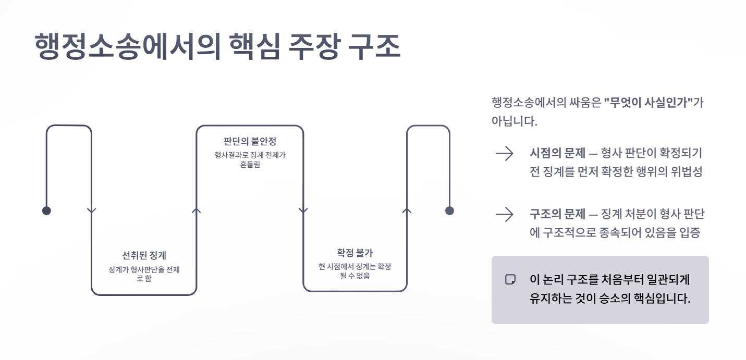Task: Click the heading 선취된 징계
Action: tap(144, 255)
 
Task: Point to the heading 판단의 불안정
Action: tap(249, 141)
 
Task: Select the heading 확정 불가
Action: tap(354, 253)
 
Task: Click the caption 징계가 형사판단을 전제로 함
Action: tap(144, 274)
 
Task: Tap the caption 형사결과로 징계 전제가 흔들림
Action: tap(249, 159)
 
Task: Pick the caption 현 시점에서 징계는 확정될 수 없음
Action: tap(354, 271)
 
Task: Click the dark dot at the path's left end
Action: tap(46, 210)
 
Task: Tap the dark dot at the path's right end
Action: tap(449, 210)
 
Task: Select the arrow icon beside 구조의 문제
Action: tap(505, 214)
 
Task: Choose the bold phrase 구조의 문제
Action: tap(556, 214)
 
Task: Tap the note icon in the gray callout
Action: tap(510, 279)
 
